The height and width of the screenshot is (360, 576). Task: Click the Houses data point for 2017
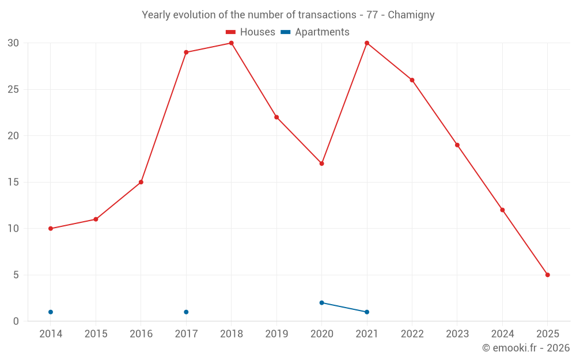point(186,52)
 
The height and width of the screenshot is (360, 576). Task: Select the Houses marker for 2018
point(232,43)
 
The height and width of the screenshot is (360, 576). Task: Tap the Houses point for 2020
point(322,164)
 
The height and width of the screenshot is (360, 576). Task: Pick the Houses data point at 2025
point(548,275)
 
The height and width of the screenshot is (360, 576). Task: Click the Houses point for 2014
point(51,229)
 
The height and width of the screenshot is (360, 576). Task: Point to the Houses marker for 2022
point(412,80)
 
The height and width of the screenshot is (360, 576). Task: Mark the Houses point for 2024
point(502,210)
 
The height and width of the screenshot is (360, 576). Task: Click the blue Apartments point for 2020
point(322,303)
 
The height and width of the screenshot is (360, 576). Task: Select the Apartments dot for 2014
point(51,312)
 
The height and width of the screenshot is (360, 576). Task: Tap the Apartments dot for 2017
point(186,312)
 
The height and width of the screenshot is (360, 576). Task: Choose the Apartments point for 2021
point(367,312)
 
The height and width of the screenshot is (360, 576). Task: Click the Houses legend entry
point(251,32)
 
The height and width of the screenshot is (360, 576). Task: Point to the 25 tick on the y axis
point(13,89)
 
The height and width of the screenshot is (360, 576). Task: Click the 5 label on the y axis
point(16,275)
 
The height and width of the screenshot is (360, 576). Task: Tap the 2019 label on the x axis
point(276,334)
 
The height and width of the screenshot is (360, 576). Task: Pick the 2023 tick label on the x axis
point(457,334)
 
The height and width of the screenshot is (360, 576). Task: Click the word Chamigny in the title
point(411,15)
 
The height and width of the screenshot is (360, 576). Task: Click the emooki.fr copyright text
point(526,348)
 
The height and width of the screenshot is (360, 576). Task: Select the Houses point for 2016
point(141,182)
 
